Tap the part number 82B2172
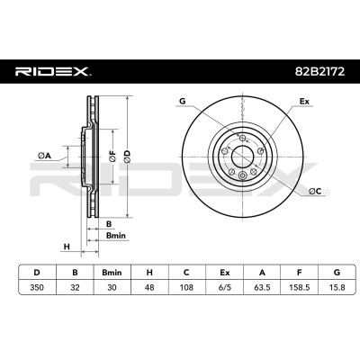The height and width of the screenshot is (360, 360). point(319,72)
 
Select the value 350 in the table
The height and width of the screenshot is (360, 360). point(37,287)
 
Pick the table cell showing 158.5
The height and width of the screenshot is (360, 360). point(299,287)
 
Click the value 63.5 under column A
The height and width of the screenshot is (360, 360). point(262,287)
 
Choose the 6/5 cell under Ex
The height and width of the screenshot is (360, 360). point(225,287)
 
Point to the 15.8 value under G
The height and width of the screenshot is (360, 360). point(337,287)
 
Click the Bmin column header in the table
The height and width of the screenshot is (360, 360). point(112,273)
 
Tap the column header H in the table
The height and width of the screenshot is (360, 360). point(149,273)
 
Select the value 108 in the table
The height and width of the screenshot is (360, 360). point(186,287)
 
